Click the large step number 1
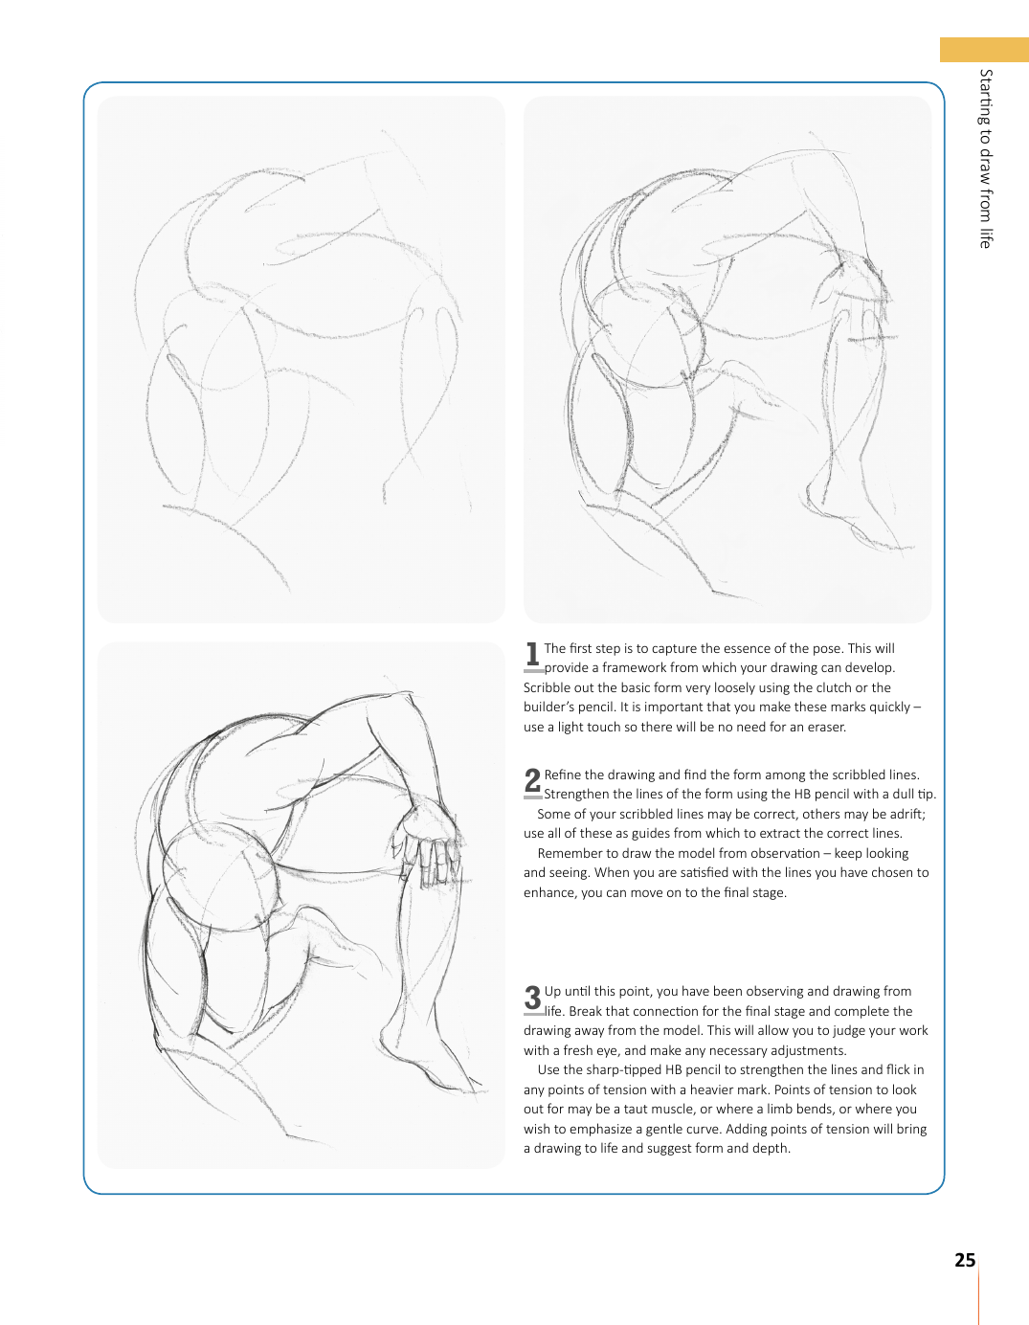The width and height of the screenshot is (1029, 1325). (532, 655)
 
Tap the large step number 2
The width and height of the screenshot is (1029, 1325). (532, 781)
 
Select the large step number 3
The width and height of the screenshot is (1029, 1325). (532, 998)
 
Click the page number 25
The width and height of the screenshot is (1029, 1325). (965, 1260)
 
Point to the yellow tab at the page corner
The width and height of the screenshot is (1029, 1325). (983, 50)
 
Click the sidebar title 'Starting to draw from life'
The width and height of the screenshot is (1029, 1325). (986, 158)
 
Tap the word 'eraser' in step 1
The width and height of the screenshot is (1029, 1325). (826, 727)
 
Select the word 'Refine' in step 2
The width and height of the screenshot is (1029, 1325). (563, 775)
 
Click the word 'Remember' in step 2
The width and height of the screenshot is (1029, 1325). (570, 853)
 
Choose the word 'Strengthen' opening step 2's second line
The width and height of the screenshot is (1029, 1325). (575, 794)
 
